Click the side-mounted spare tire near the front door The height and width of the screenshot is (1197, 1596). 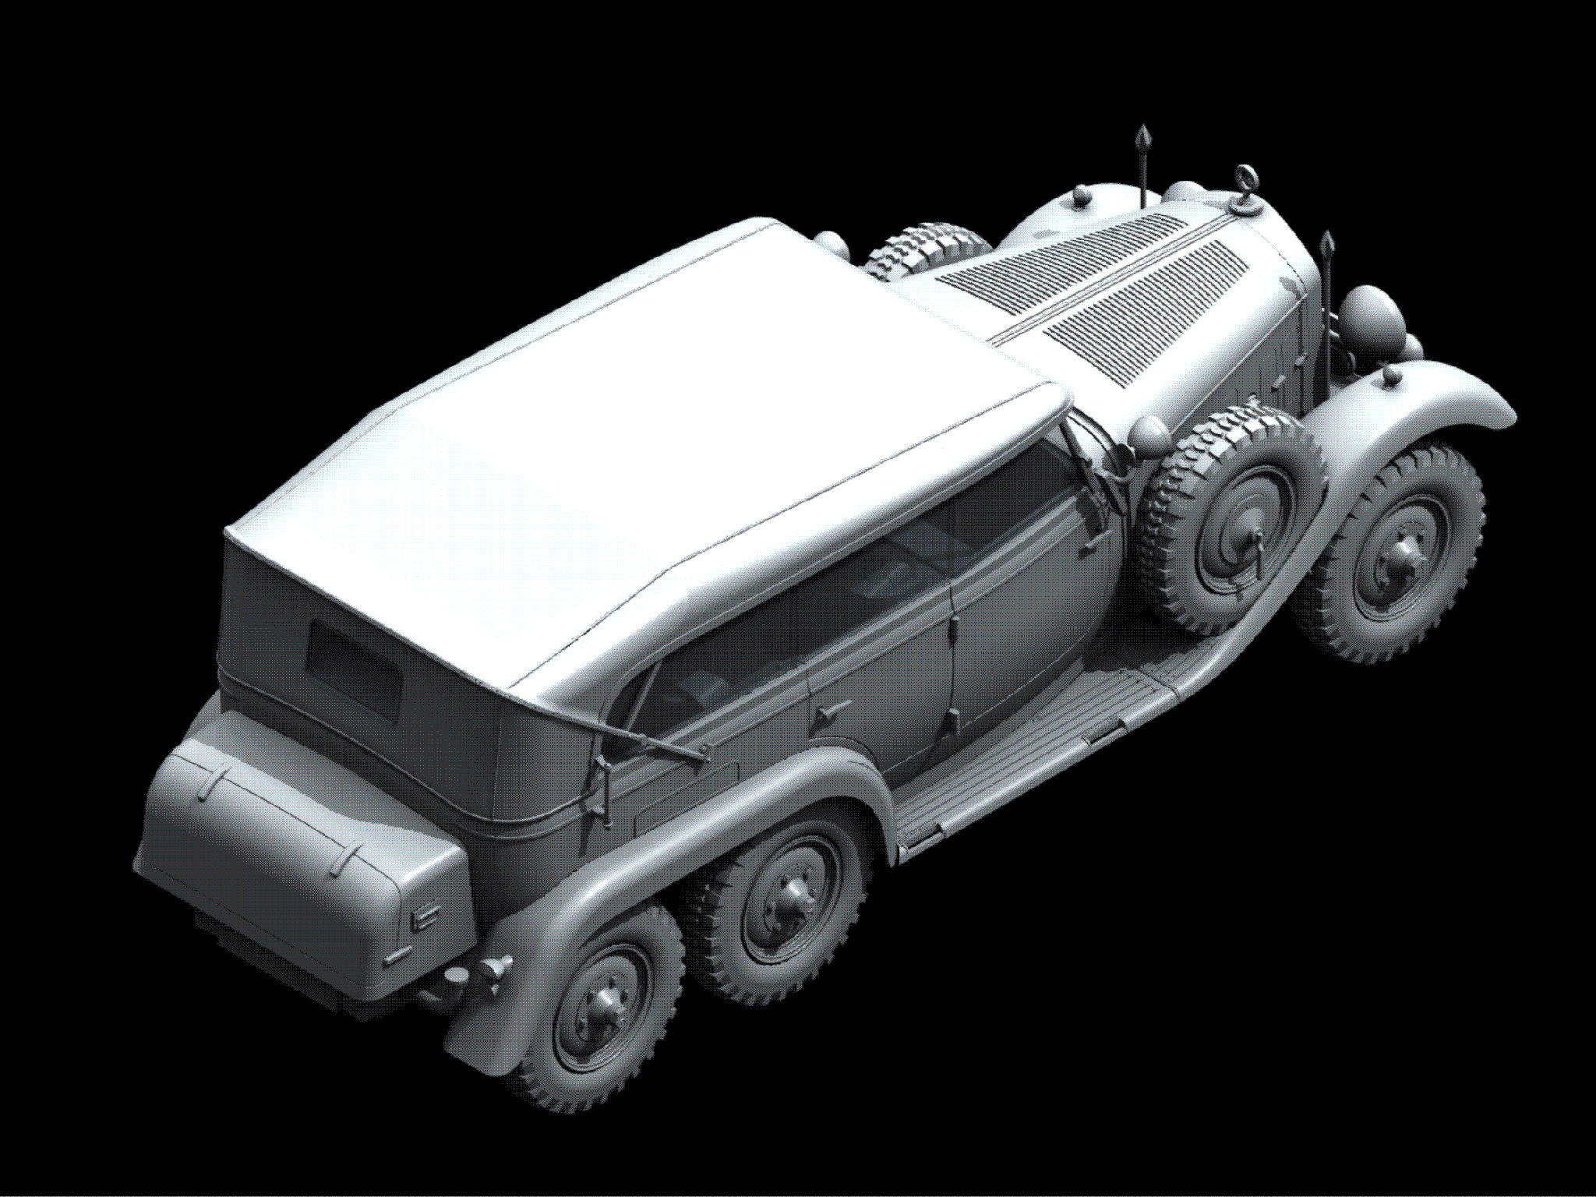pos(1231,518)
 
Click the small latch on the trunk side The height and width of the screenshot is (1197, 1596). pos(424,916)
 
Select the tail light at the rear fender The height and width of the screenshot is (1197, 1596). pos(491,969)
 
